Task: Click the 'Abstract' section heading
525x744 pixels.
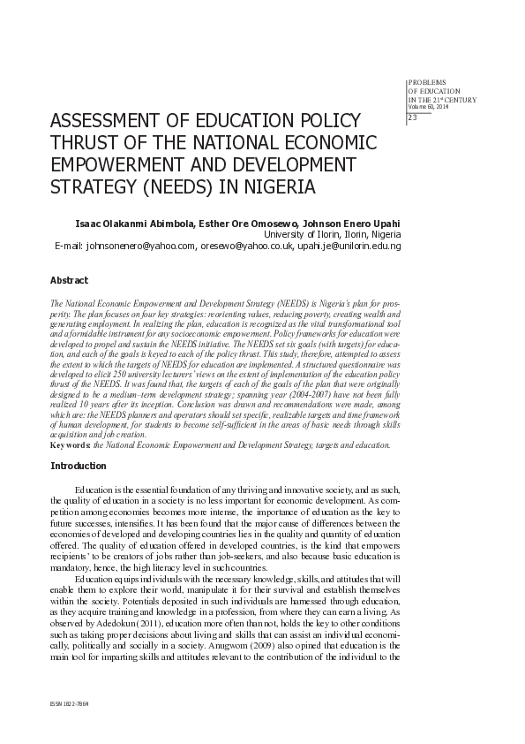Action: (70, 280)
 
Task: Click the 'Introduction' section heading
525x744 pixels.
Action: (79, 466)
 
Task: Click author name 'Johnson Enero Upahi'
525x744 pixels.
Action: (351, 223)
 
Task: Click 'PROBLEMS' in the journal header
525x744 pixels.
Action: (427, 80)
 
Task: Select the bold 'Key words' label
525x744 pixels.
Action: (71, 445)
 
